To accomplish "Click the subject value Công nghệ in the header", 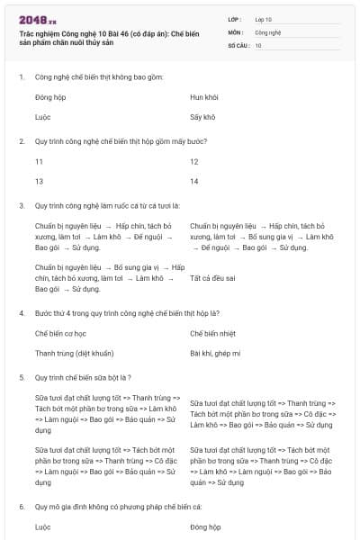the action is click(x=267, y=31).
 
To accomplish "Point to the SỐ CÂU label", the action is click(x=239, y=44).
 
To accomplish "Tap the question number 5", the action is click(x=21, y=377).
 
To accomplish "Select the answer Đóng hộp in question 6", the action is click(x=205, y=526).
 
